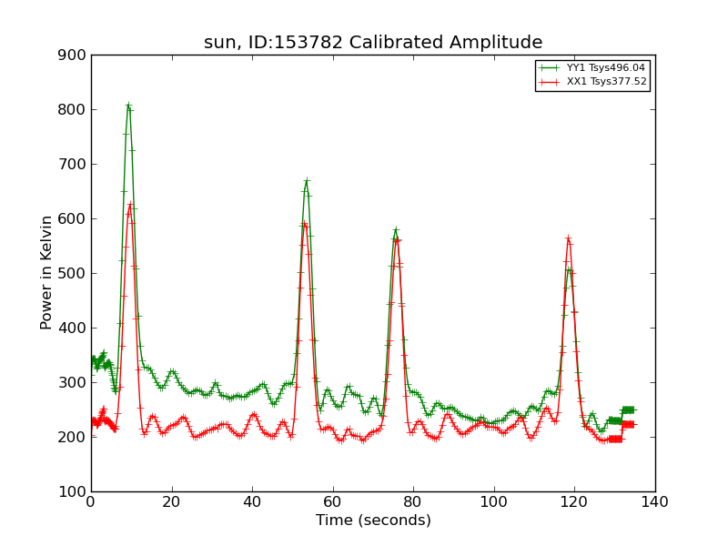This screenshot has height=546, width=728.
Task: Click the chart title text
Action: point(373,42)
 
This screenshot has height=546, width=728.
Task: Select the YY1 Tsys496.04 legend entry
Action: point(592,67)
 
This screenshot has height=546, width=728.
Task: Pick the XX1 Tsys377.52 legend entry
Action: point(592,82)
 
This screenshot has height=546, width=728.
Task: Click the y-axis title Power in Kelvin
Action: point(46,273)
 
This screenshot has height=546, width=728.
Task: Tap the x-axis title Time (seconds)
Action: point(373,520)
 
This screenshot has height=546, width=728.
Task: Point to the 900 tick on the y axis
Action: point(72,56)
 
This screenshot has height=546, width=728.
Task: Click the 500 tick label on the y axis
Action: point(72,274)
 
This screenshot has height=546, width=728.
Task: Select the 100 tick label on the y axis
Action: point(72,491)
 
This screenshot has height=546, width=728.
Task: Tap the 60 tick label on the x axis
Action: point(333,502)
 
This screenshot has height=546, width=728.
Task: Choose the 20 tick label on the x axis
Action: point(172,502)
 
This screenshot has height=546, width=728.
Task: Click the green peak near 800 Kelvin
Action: point(128,106)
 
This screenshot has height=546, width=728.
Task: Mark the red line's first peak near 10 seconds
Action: point(130,203)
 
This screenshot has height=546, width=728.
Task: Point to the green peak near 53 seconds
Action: point(307,180)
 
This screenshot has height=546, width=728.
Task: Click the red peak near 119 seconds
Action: point(568,238)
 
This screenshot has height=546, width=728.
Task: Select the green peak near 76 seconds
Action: point(396,230)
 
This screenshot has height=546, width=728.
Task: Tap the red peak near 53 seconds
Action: point(305,224)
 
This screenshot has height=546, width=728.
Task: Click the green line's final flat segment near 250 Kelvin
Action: point(628,410)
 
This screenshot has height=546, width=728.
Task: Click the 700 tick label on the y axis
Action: point(72,165)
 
